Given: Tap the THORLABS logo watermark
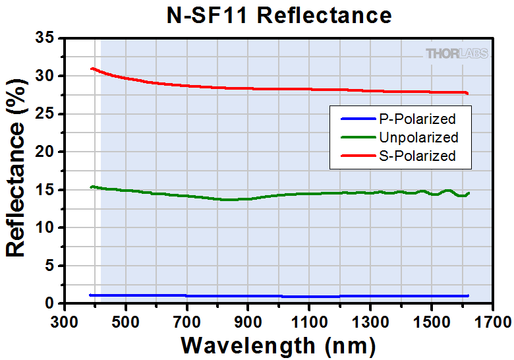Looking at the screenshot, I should coord(457,53).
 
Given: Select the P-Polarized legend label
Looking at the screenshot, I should coord(417,119).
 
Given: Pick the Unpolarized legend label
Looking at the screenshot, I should coord(418,138).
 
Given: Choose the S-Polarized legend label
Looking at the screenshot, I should coord(417,156).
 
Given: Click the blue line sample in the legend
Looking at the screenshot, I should coord(357,119).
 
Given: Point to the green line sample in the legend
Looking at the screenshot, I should coord(357,138).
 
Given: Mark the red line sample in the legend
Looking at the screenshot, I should coord(357,156).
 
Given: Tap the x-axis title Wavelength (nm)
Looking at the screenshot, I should coord(278,344).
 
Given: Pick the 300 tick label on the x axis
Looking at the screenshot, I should coord(64,322).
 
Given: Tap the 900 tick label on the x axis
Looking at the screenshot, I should coord(247,322).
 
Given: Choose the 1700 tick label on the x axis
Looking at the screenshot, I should coord(492,322).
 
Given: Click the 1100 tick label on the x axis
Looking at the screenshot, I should coord(308,322).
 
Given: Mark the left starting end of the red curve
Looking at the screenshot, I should coord(91,68).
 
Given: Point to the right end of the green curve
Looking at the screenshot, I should coord(469,193).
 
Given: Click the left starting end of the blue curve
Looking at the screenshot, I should coord(90,295).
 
